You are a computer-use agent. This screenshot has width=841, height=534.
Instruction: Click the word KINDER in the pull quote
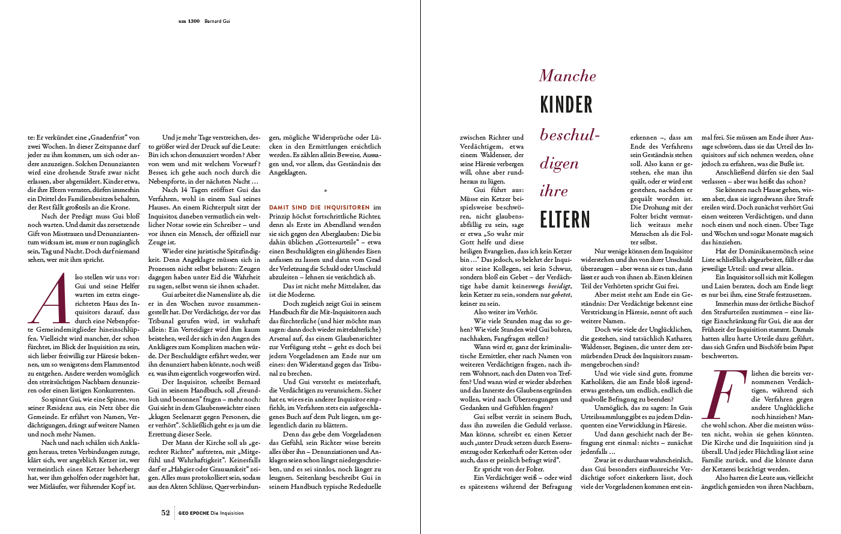(x=566, y=105)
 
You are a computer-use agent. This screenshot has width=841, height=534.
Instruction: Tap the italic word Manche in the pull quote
(x=567, y=76)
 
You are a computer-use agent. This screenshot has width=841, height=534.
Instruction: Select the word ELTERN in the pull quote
(x=565, y=220)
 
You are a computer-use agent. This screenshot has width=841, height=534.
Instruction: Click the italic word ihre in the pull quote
(x=553, y=191)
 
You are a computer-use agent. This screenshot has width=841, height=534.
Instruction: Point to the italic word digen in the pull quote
(x=559, y=164)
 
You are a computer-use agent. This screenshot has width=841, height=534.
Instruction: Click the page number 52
(x=165, y=513)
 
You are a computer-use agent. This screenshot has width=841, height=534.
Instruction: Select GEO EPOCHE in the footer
(x=194, y=514)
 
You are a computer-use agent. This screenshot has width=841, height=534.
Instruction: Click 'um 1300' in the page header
(x=189, y=21)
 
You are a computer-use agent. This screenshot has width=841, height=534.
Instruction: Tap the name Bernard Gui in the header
(x=218, y=21)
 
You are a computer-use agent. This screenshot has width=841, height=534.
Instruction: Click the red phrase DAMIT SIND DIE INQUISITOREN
(x=319, y=207)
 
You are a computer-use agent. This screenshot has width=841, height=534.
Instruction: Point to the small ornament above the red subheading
(x=325, y=190)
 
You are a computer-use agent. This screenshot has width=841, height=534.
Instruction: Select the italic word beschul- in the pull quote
(x=569, y=135)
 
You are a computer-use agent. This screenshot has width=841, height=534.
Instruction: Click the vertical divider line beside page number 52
(x=175, y=513)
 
